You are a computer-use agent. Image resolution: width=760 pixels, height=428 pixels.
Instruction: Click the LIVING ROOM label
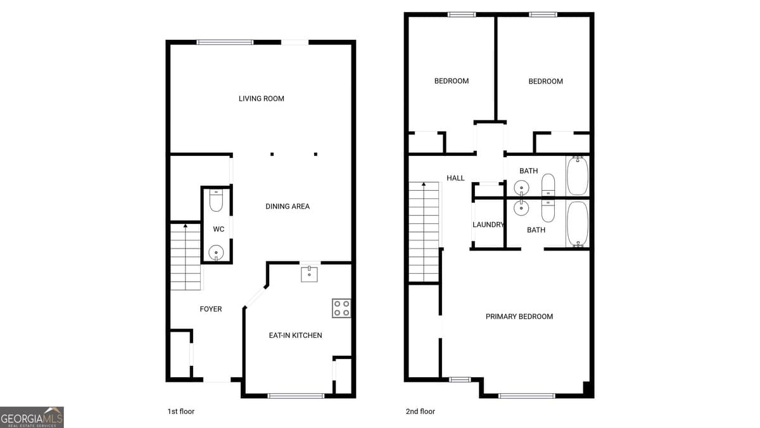click(261, 98)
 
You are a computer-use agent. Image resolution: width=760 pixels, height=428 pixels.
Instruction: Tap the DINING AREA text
click(287, 206)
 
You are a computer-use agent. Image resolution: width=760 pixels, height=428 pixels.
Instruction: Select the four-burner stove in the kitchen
click(341, 308)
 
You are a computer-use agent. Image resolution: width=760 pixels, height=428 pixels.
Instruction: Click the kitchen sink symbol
click(309, 273)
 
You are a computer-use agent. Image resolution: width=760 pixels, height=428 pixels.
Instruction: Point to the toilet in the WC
click(216, 201)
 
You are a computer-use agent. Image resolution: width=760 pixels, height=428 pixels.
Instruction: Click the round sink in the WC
click(216, 252)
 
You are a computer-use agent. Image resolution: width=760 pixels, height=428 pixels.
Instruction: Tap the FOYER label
click(211, 309)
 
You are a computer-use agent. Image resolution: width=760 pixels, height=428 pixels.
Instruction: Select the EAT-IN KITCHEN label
click(295, 335)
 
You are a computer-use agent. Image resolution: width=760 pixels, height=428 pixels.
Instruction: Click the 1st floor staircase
click(185, 256)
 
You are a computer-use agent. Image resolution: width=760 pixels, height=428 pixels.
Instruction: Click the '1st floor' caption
click(180, 412)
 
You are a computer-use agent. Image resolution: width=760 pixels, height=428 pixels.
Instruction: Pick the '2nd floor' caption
click(421, 412)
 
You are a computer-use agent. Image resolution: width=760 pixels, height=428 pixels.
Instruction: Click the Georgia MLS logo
click(32, 417)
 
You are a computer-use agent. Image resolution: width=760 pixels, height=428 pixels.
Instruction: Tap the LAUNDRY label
click(488, 224)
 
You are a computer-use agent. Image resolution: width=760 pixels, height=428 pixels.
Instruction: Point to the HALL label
click(455, 178)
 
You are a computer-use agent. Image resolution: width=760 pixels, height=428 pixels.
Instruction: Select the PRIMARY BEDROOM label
click(519, 316)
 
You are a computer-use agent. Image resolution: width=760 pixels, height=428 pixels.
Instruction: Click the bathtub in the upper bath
click(577, 176)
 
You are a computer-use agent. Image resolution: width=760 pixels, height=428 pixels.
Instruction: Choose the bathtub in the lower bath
click(577, 224)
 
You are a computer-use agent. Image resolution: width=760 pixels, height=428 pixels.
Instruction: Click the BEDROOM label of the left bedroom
click(451, 81)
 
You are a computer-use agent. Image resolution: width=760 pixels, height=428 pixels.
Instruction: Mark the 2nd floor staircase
click(424, 231)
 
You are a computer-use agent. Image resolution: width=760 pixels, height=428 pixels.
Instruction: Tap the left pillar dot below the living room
click(272, 154)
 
